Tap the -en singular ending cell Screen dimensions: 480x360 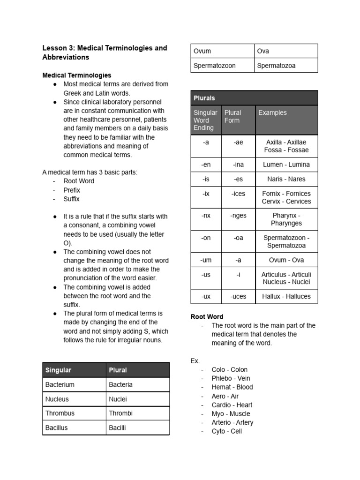(206, 165)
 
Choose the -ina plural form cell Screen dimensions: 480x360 (238, 165)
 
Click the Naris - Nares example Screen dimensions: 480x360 (286, 179)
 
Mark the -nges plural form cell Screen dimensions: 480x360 (238, 216)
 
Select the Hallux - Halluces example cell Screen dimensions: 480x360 (286, 296)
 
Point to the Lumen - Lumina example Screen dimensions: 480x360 (286, 165)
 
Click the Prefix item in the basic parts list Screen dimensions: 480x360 (72, 190)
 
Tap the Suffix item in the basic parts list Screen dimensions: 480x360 (72, 199)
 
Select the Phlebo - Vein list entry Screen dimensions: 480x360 (231, 378)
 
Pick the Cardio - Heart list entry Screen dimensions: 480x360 (232, 405)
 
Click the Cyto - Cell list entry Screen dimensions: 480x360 (226, 431)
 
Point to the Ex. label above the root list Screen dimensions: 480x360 (195, 361)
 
